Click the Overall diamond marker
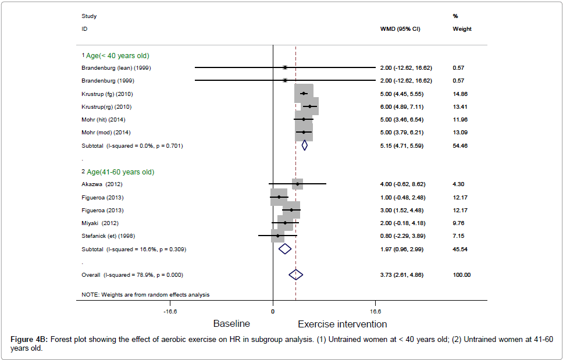pyautogui.click(x=296, y=275)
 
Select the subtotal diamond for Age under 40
pyautogui.click(x=304, y=145)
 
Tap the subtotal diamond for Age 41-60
pyautogui.click(x=285, y=249)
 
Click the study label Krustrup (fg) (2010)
pyautogui.click(x=106, y=94)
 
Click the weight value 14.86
pyautogui.click(x=460, y=94)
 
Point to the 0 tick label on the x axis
pyautogui.click(x=273, y=311)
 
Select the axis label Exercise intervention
pyautogui.click(x=343, y=324)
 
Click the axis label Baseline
pyautogui.click(x=231, y=323)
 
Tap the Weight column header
pyautogui.click(x=462, y=28)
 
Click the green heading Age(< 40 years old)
pyautogui.click(x=117, y=56)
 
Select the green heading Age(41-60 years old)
pyautogui.click(x=120, y=172)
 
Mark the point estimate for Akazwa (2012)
pyautogui.click(x=298, y=184)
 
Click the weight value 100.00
pyautogui.click(x=462, y=275)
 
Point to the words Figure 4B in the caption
pyautogui.click(x=30, y=339)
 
